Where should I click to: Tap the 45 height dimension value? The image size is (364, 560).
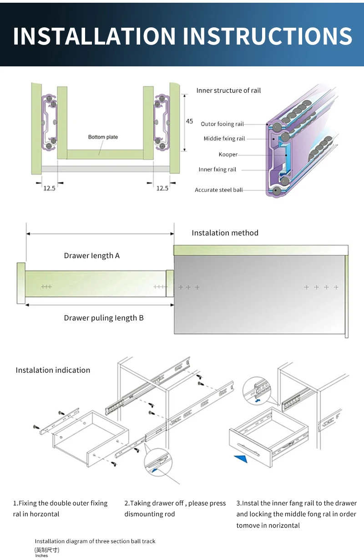click(x=189, y=121)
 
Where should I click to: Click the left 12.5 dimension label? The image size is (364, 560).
click(x=49, y=188)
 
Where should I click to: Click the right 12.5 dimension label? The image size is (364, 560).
click(x=162, y=188)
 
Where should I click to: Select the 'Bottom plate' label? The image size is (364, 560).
click(x=103, y=137)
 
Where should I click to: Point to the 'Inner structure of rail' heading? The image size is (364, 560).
click(x=228, y=90)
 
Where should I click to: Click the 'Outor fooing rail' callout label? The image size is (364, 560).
click(x=222, y=124)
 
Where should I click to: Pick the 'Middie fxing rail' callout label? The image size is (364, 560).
click(x=224, y=139)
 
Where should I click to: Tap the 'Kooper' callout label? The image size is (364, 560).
click(x=228, y=155)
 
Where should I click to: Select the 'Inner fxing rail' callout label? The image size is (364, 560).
click(x=217, y=170)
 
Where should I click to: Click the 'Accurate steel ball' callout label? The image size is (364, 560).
click(x=218, y=190)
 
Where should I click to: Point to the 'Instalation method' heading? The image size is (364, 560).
click(x=225, y=233)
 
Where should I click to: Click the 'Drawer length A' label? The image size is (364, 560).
click(x=91, y=255)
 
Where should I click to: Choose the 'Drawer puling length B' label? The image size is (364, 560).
click(x=104, y=318)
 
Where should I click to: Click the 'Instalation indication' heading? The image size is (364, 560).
click(x=53, y=370)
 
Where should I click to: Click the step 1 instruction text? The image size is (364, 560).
click(x=60, y=509)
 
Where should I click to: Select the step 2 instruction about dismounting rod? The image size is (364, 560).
click(x=175, y=509)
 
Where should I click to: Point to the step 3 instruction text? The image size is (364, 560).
click(x=296, y=514)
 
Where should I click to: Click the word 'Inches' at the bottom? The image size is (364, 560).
click(x=41, y=555)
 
